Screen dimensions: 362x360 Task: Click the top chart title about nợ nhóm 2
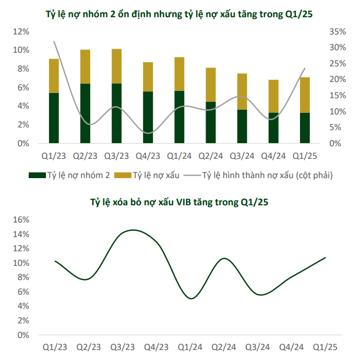[x=180, y=14]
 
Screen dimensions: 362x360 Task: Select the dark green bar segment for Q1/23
[x=54, y=118]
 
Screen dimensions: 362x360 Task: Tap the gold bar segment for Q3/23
[x=116, y=66]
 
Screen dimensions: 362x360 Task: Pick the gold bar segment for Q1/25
[x=304, y=95]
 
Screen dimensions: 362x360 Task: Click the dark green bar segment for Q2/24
[x=210, y=122]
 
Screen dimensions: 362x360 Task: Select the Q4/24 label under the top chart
[x=273, y=155]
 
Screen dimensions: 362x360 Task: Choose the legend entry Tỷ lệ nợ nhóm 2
[x=69, y=176]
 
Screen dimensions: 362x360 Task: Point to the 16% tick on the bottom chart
[x=21, y=220]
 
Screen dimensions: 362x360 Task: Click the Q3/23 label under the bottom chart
[x=123, y=347]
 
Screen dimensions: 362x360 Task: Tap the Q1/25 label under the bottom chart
[x=325, y=347]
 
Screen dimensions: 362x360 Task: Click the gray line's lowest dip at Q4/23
[x=148, y=133]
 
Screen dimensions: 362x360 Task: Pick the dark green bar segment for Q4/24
[x=273, y=128]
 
